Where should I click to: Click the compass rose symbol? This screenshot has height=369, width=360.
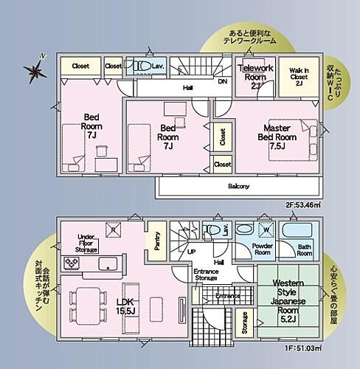[x=35, y=70]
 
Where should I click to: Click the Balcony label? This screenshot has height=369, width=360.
[x=238, y=186]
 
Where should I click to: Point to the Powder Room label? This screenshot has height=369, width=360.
[x=264, y=250]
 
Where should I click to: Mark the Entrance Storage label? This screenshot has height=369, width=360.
[x=206, y=275]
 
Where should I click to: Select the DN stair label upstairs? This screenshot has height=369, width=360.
[x=223, y=83]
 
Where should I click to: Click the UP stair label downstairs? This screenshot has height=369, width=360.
[x=192, y=252]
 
